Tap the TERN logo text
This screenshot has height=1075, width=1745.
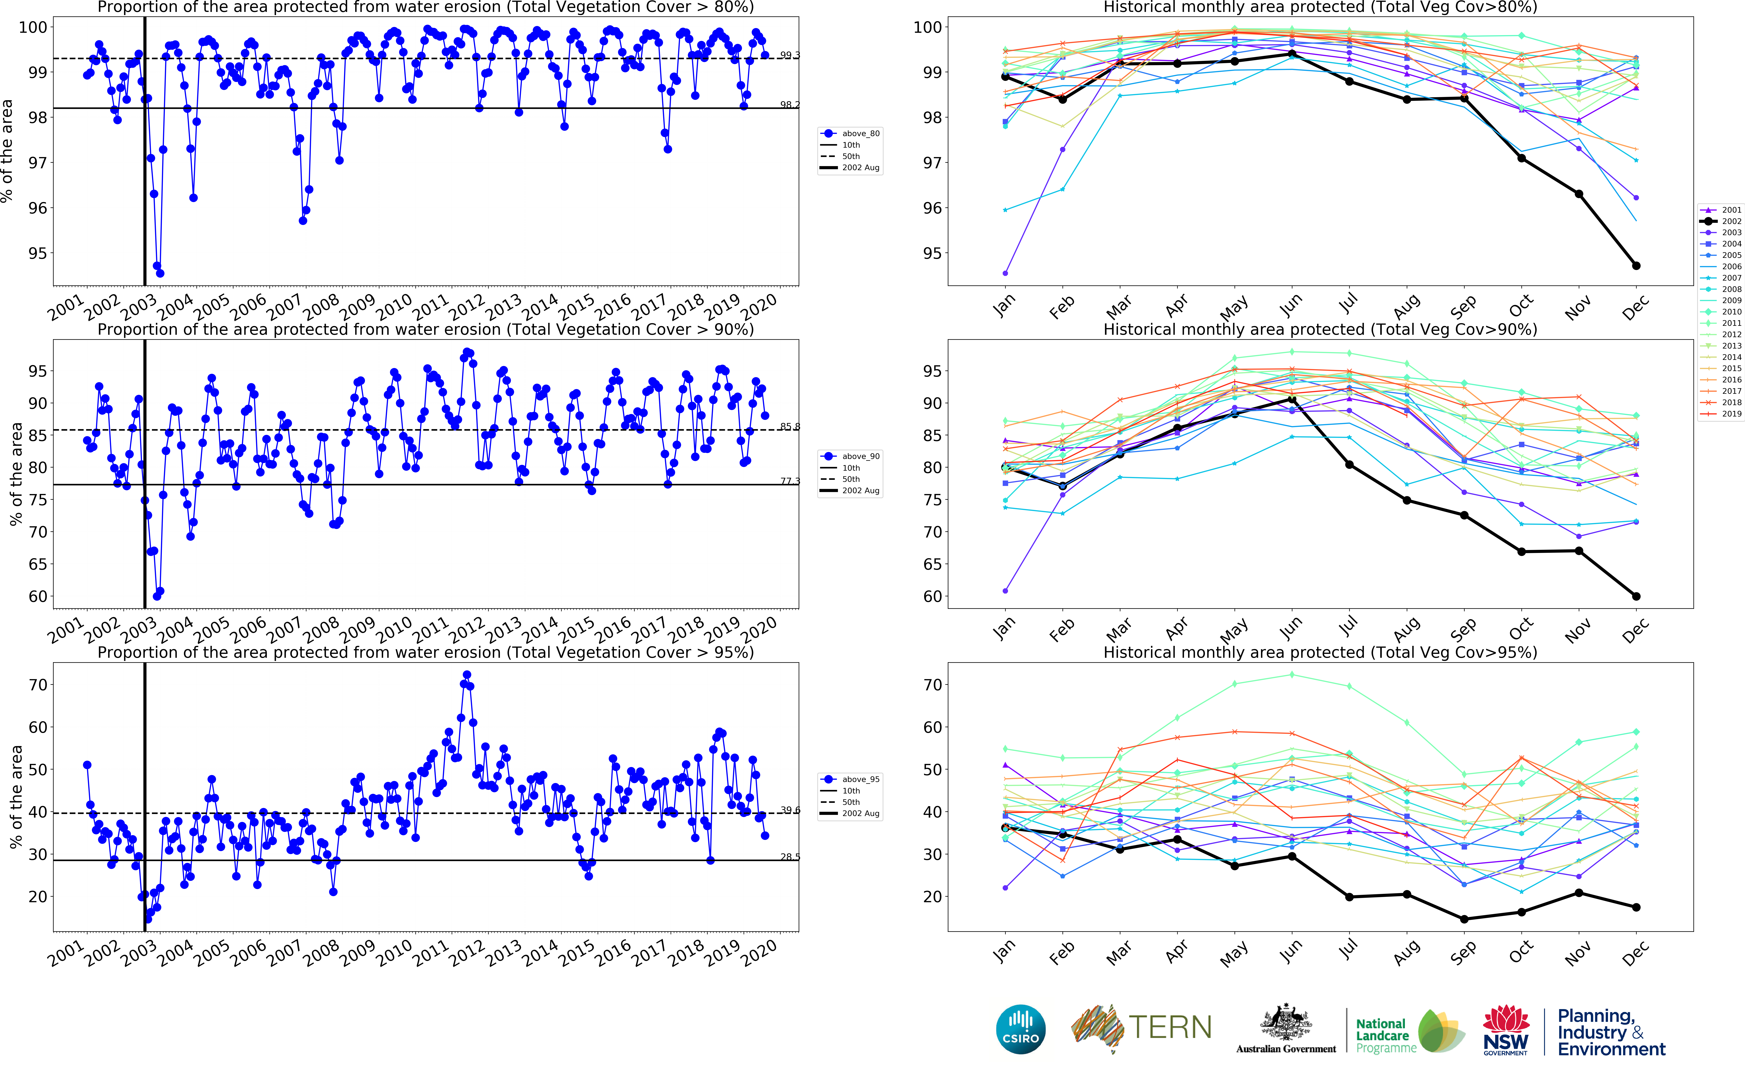(x=1170, y=1027)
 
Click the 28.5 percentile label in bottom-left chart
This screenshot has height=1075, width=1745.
(x=790, y=857)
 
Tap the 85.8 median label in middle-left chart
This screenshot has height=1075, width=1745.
(x=790, y=427)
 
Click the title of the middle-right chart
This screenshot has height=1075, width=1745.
(x=1320, y=329)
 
